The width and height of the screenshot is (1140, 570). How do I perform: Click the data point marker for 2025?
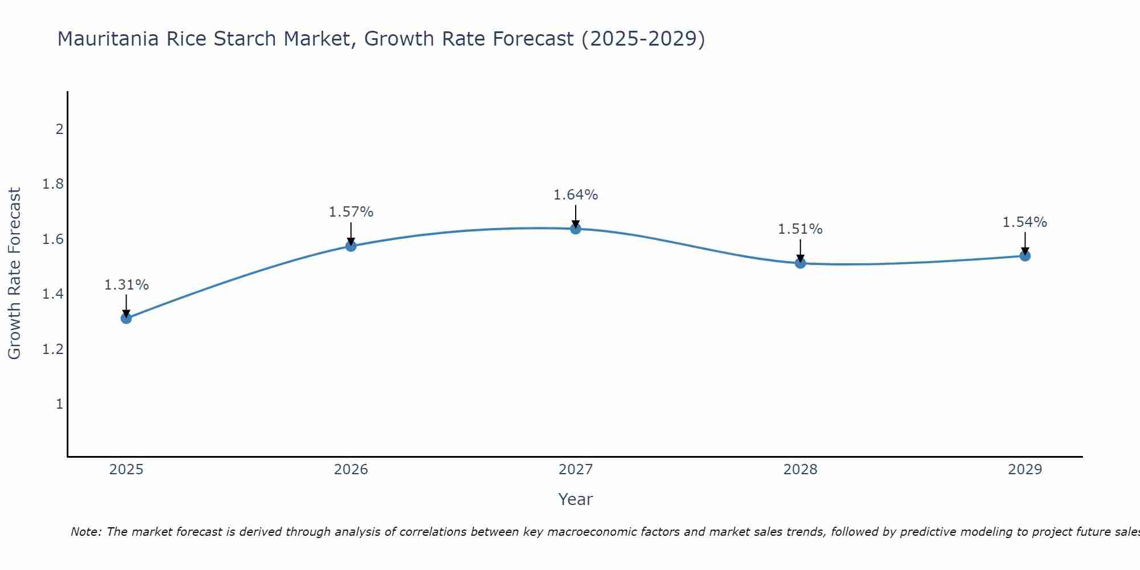127,318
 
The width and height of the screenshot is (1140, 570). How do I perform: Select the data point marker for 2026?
351,246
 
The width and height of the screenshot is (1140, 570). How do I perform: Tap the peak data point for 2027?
576,229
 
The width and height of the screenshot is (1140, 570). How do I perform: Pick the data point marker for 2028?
800,263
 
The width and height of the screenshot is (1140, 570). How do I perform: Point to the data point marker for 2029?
1025,256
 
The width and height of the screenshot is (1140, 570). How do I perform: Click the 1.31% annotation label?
127,285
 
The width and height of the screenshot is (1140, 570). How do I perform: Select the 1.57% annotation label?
351,212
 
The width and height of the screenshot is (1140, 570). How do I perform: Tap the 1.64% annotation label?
576,195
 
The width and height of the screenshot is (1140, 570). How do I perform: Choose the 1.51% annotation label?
800,229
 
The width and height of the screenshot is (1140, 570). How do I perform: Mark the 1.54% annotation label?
1025,222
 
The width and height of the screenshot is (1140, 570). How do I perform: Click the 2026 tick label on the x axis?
351,470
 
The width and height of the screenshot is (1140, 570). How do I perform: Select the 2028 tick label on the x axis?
800,470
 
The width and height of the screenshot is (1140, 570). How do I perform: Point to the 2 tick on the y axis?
59,129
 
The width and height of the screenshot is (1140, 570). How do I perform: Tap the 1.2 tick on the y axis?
52,349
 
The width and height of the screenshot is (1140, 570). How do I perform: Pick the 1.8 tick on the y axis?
52,184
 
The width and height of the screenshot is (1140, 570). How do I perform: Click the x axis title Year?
576,499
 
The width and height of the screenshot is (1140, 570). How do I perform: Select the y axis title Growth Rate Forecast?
15,274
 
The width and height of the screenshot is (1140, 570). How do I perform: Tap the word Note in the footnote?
85,532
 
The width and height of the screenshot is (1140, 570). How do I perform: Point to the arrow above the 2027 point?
576,215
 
